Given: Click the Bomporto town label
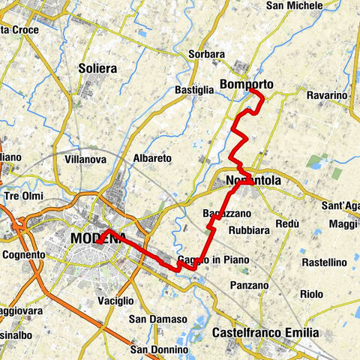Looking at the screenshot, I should click(246, 84).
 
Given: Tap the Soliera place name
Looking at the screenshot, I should click(97, 68).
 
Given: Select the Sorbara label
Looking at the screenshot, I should click(208, 55).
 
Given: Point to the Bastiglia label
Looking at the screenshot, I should click(195, 90).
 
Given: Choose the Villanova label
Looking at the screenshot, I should click(85, 159).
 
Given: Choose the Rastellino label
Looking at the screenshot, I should click(323, 262).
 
